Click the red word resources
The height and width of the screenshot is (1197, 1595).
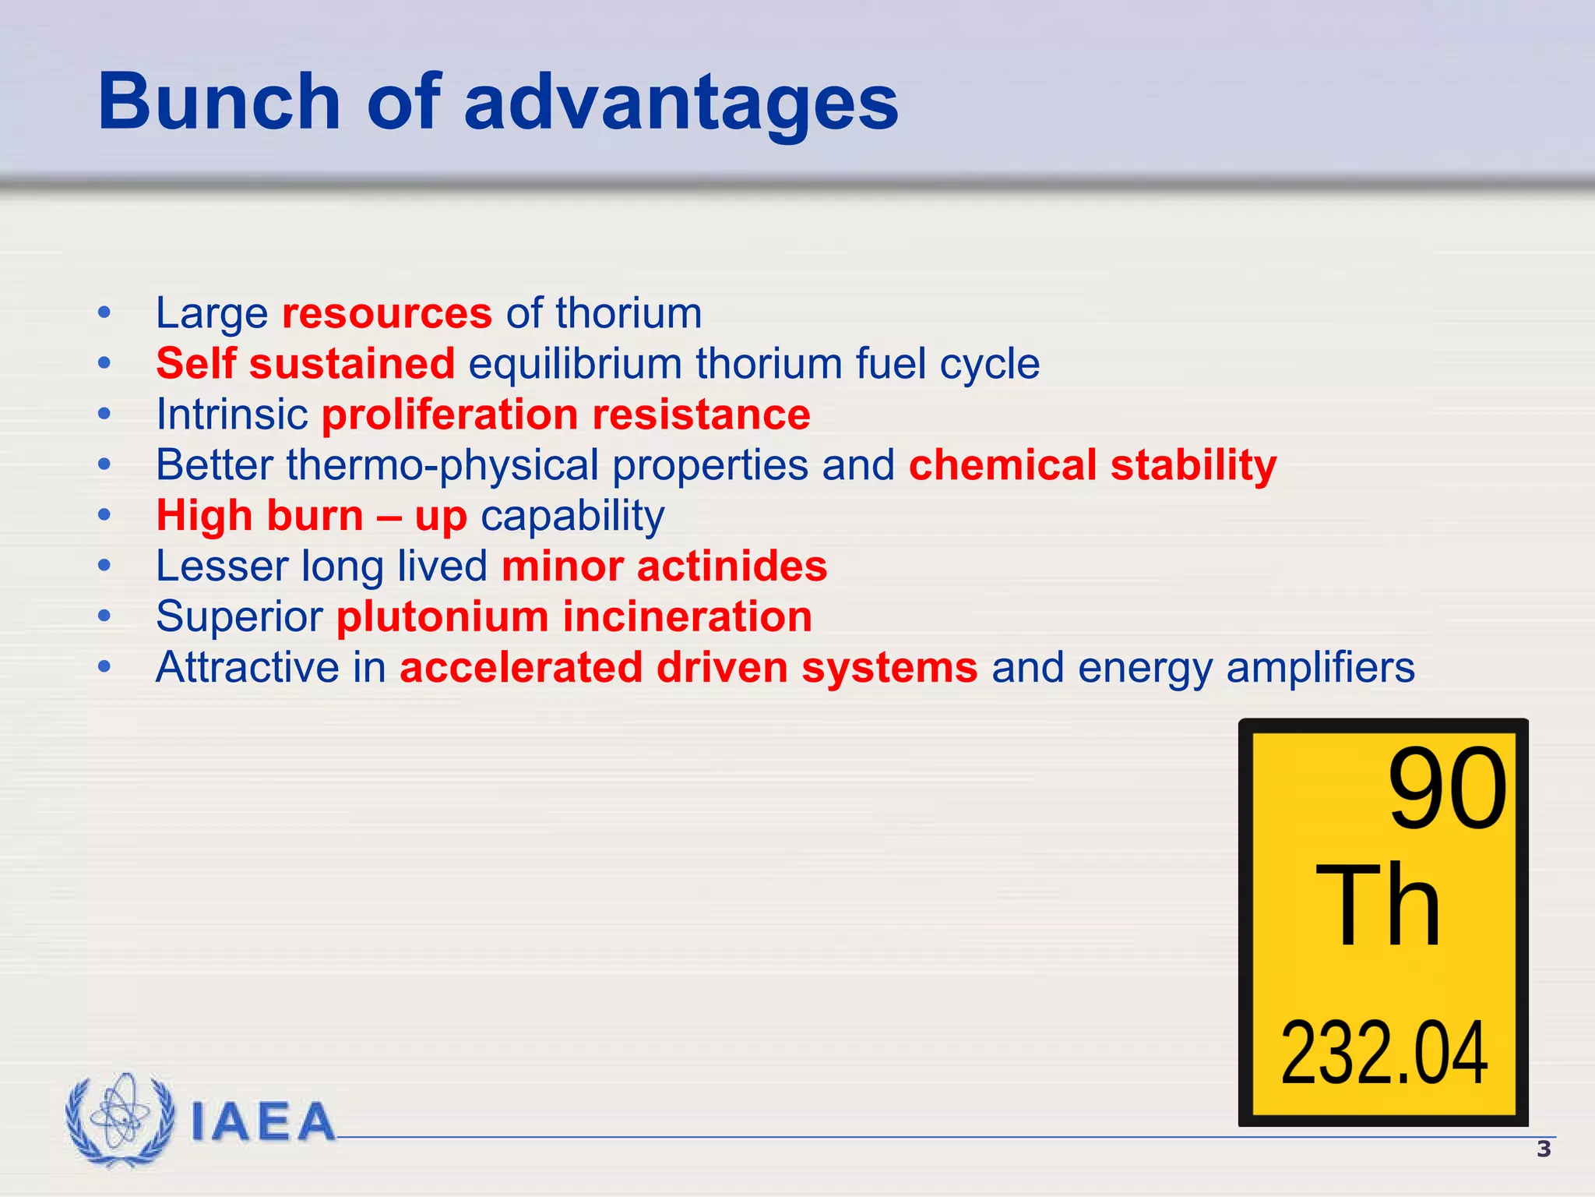386,313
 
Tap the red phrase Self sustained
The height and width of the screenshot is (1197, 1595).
305,364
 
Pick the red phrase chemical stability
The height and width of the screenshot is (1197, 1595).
1092,465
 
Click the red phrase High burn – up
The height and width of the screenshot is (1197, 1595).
312,516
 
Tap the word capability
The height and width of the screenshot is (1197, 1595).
572,516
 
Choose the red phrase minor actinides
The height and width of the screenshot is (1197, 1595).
664,567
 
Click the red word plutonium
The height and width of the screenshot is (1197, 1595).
442,617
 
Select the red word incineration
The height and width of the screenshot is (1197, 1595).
687,617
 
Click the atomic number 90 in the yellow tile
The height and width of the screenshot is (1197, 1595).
1447,789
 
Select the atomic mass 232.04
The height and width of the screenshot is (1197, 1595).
1384,1054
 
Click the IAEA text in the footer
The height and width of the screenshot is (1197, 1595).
263,1122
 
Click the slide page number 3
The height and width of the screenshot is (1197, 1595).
1544,1149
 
